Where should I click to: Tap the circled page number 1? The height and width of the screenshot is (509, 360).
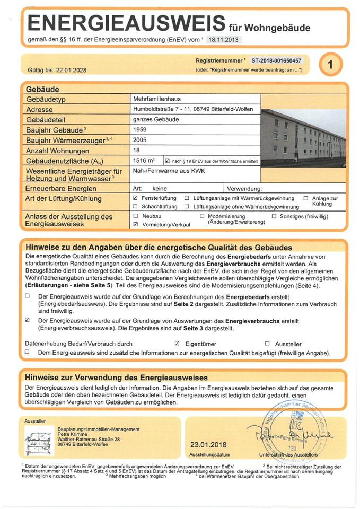pos(331,66)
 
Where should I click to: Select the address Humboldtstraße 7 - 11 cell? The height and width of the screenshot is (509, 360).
pos(196,109)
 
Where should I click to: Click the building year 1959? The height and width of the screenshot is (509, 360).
pos(141,130)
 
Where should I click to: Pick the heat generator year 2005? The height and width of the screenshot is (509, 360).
pos(141,140)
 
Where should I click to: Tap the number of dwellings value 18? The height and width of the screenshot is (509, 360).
pos(137,150)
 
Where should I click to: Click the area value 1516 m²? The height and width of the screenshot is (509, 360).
pos(144,160)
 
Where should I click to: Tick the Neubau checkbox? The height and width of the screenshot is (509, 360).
pos(136,216)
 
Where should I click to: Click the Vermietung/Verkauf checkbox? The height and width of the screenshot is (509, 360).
pos(136,224)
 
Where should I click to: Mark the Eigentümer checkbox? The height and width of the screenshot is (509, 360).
pos(178,344)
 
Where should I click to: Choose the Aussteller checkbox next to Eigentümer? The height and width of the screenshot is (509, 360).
pos(267,344)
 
